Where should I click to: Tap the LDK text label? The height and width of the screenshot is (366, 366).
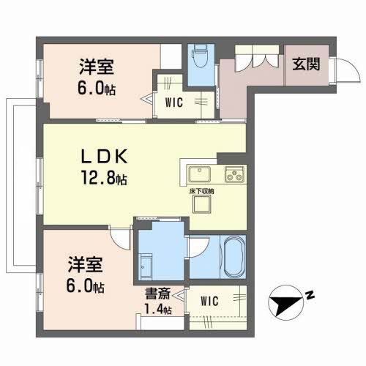tap(105, 157)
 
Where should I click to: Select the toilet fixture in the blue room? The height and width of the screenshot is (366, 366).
tap(199, 57)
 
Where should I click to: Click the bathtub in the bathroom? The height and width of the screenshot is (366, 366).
tap(234, 257)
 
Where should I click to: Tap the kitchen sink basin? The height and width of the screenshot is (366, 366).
tap(200, 175)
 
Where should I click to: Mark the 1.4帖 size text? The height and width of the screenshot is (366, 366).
tap(157, 310)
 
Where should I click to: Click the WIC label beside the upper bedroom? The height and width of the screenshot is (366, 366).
tap(173, 102)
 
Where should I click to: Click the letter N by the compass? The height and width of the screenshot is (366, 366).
tap(310, 296)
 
